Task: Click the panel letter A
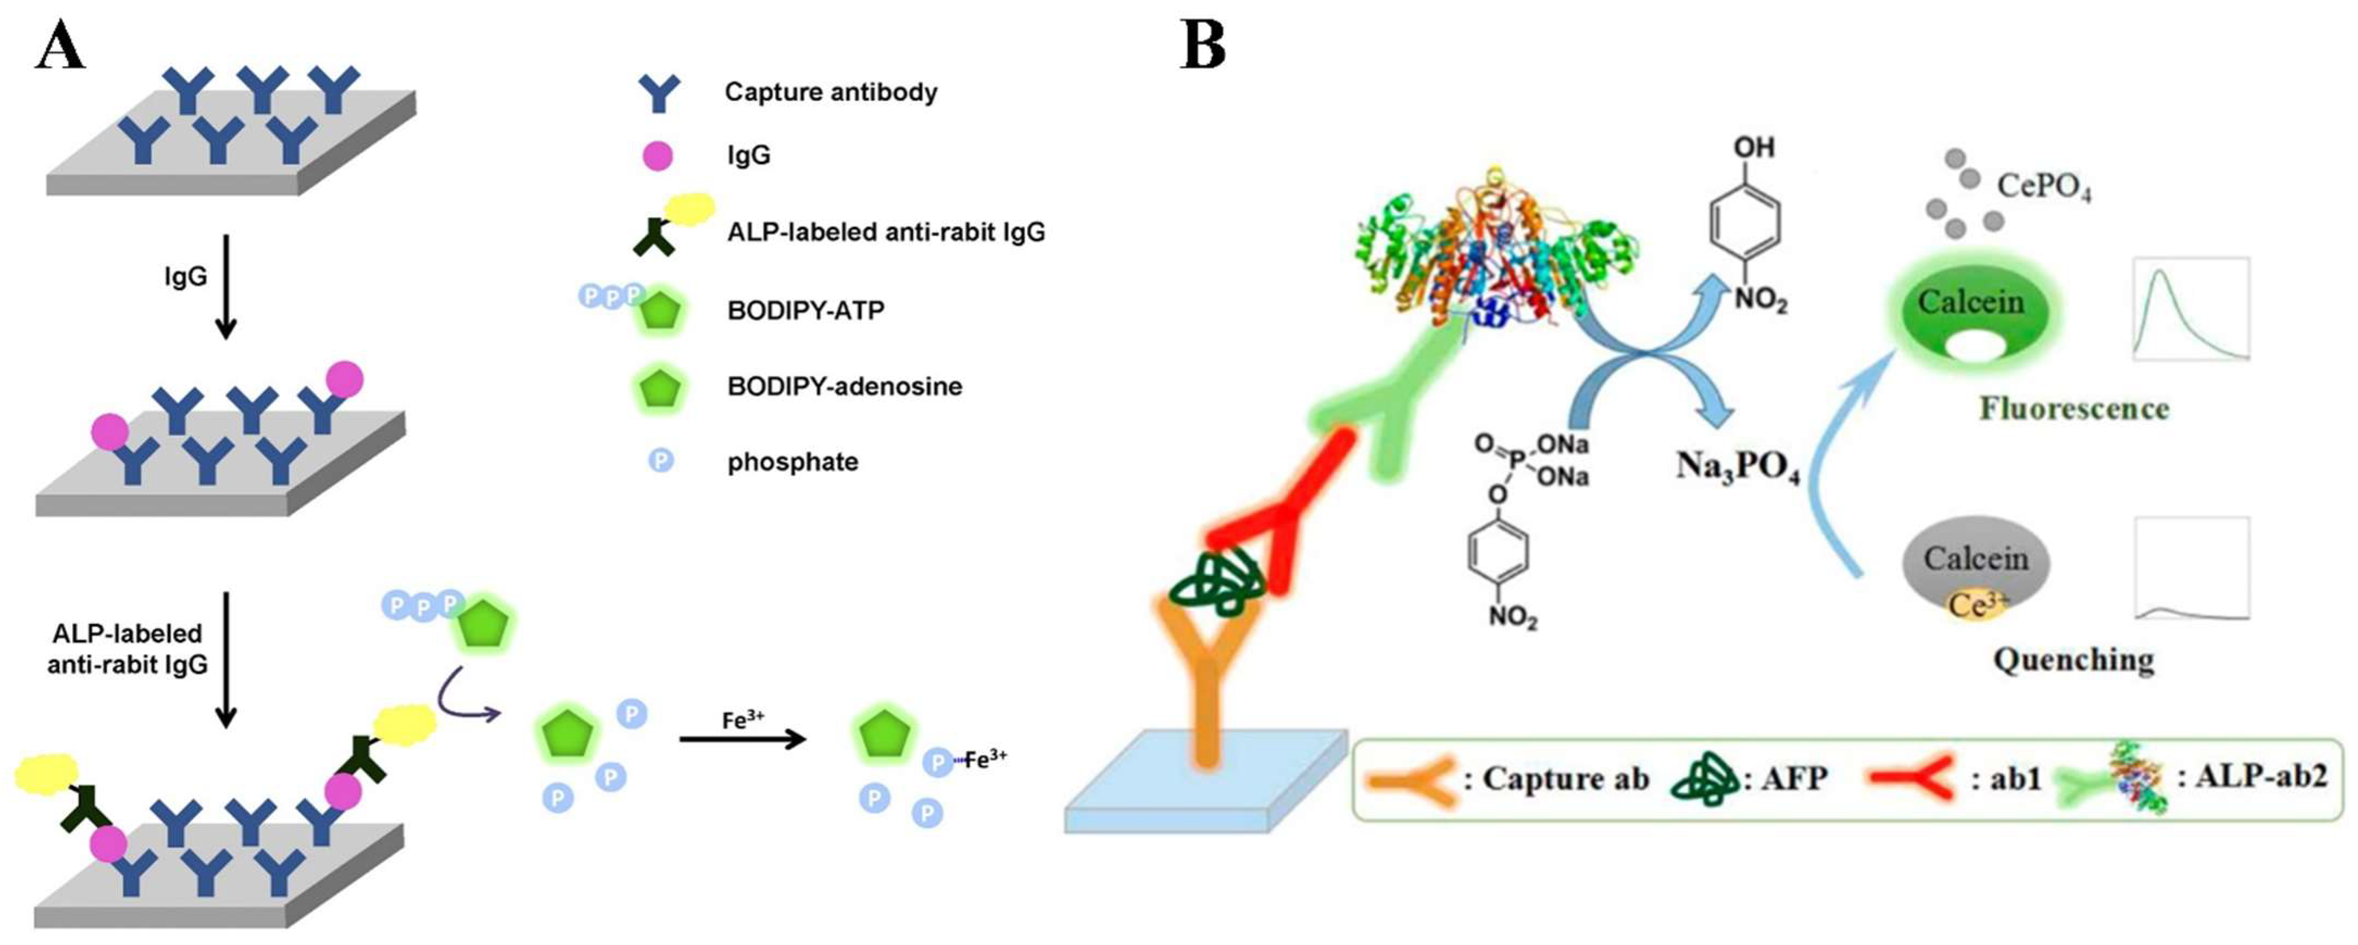(60, 46)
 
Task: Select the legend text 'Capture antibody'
(830, 92)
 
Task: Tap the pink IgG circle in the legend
(657, 155)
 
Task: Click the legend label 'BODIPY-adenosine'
(844, 386)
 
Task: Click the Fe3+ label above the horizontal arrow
(742, 719)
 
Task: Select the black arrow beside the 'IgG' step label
(225, 286)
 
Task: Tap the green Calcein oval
(1970, 311)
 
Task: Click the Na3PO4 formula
(1737, 467)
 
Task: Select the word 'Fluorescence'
(2073, 409)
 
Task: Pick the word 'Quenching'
(2073, 659)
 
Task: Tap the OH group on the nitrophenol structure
(1753, 147)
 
